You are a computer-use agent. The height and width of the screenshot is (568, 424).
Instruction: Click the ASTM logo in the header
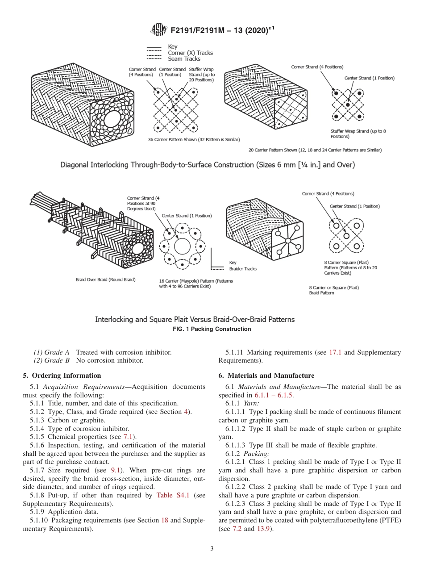pyautogui.click(x=159, y=30)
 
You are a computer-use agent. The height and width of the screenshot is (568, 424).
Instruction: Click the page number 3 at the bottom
pyautogui.click(x=212, y=549)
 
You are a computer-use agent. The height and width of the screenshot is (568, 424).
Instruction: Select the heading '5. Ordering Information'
pyautogui.click(x=62, y=375)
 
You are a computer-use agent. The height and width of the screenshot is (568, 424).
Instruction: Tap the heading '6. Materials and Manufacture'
pyautogui.click(x=266, y=375)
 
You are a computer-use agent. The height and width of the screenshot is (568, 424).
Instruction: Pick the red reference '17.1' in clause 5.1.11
pyautogui.click(x=335, y=352)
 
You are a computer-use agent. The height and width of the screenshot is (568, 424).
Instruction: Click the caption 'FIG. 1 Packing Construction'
pyautogui.click(x=212, y=329)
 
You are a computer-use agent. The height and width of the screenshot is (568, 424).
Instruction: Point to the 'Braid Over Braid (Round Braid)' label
pyautogui.click(x=105, y=280)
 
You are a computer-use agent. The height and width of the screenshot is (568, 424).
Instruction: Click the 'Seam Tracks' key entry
pyautogui.click(x=184, y=58)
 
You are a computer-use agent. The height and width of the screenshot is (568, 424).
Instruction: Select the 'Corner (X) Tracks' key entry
pyautogui.click(x=190, y=53)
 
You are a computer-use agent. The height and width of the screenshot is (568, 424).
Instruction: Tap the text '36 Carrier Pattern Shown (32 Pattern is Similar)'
pyautogui.click(x=194, y=139)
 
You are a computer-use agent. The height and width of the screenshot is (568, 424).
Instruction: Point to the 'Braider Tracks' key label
pyautogui.click(x=243, y=269)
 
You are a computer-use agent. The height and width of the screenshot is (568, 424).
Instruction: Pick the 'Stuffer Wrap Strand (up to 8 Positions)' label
pyautogui.click(x=358, y=134)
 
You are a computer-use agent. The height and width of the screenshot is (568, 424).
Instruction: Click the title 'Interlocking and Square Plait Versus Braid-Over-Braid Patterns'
pyautogui.click(x=195, y=319)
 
